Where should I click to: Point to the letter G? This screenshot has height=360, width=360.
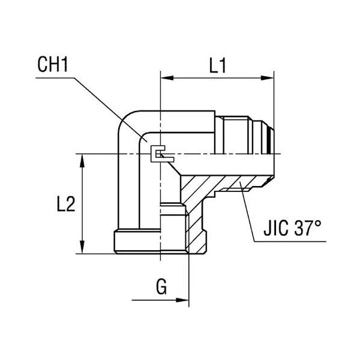[161, 288]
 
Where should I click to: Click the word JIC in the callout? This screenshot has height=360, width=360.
[279, 229]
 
